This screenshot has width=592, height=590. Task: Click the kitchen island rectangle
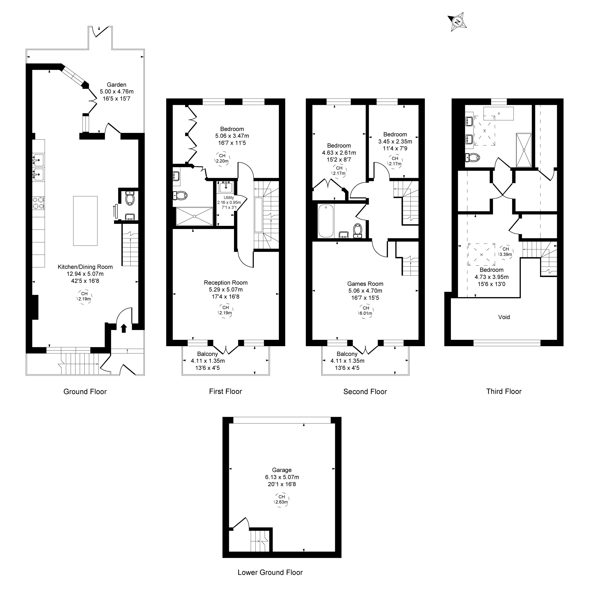[x=85, y=221]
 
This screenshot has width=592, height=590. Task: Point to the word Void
[x=504, y=317]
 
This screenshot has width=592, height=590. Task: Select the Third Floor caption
[x=504, y=391]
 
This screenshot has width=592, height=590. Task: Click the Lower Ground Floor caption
[x=270, y=572]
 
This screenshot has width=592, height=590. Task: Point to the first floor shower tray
[x=194, y=216]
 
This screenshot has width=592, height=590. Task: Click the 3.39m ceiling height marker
[x=506, y=252]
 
